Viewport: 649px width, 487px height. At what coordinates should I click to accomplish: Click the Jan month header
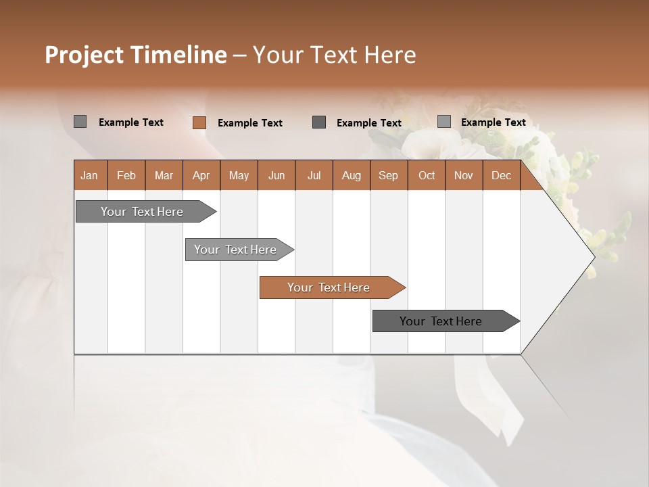89,176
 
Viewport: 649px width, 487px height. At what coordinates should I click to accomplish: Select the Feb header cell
126,176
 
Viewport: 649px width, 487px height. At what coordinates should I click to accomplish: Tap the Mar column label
164,176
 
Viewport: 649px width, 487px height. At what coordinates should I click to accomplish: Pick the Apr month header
201,176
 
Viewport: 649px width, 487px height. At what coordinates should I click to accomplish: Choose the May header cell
239,176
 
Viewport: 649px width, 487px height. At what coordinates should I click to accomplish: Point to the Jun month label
277,176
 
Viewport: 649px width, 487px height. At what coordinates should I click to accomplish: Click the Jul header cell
314,176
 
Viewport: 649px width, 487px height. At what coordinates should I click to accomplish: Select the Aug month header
352,176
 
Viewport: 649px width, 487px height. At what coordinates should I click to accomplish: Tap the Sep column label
389,176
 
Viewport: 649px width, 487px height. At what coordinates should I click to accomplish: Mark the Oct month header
427,176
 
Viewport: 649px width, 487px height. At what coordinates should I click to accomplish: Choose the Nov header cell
464,176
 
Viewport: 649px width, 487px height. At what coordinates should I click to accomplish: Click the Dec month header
502,176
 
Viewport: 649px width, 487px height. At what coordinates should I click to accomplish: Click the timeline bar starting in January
143,212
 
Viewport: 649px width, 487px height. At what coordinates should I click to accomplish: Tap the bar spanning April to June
236,250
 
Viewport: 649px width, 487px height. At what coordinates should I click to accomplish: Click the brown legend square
199,122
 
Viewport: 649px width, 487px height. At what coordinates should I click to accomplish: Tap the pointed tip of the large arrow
593,257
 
